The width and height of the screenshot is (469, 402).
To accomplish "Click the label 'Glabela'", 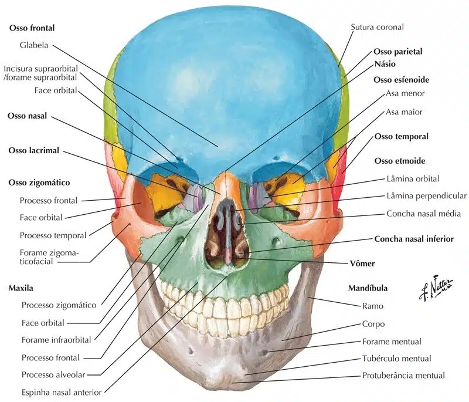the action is click(35, 45).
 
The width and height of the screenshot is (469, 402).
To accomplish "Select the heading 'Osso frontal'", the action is click(36, 28).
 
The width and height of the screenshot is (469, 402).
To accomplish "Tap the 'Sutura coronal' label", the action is click(377, 27).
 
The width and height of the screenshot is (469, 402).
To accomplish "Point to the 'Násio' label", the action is click(387, 63).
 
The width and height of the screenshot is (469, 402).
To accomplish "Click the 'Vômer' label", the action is click(362, 264).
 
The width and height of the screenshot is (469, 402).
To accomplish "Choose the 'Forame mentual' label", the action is click(392, 341).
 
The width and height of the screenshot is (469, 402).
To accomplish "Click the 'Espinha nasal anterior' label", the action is click(62, 391).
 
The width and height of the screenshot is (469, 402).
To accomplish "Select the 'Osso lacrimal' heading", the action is click(34, 151).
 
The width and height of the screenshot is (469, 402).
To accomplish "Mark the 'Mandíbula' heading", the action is click(368, 288).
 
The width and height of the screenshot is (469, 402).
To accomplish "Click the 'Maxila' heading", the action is click(21, 289).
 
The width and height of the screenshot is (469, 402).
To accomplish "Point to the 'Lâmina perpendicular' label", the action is click(426, 196).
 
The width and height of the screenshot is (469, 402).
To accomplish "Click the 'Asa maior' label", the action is click(404, 112).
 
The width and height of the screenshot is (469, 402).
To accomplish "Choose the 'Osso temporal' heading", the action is click(402, 137).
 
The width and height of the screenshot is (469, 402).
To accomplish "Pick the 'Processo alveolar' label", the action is click(54, 374).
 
